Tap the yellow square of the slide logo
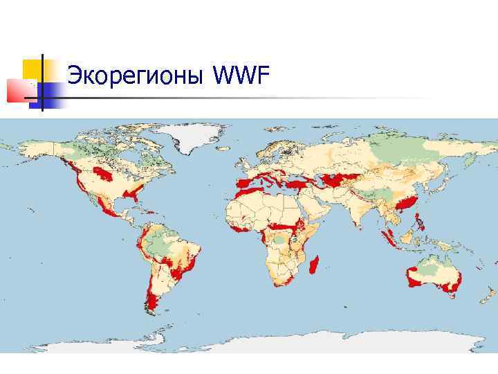pos(33,69)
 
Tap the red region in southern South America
pos(152,302)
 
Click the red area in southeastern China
pos(407,202)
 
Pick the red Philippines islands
pos(419,224)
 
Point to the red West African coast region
pos(242,227)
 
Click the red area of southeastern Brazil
pos(181,267)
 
